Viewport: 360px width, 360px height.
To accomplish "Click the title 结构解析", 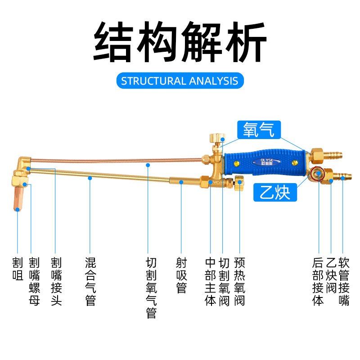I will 180,43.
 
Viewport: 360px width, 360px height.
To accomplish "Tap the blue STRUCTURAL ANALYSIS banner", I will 180,81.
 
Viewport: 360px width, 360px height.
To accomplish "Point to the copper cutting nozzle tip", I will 18,198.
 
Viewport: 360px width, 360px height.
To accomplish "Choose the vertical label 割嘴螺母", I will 34,282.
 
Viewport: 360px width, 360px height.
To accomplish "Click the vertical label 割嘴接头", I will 56,282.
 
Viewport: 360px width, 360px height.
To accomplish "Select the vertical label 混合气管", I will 90,282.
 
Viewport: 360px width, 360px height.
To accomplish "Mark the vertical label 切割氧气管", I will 152,288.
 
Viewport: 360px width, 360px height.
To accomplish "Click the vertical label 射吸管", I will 181,275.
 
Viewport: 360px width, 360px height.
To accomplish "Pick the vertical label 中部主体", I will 210,282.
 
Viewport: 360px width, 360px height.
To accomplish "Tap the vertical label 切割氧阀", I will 225,282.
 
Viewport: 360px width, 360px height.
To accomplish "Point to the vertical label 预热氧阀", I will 239,282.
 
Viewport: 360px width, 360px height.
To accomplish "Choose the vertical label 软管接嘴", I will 344,282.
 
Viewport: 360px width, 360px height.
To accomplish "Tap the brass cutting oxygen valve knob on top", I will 217,138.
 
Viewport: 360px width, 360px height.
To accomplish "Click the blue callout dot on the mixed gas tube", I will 90,178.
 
